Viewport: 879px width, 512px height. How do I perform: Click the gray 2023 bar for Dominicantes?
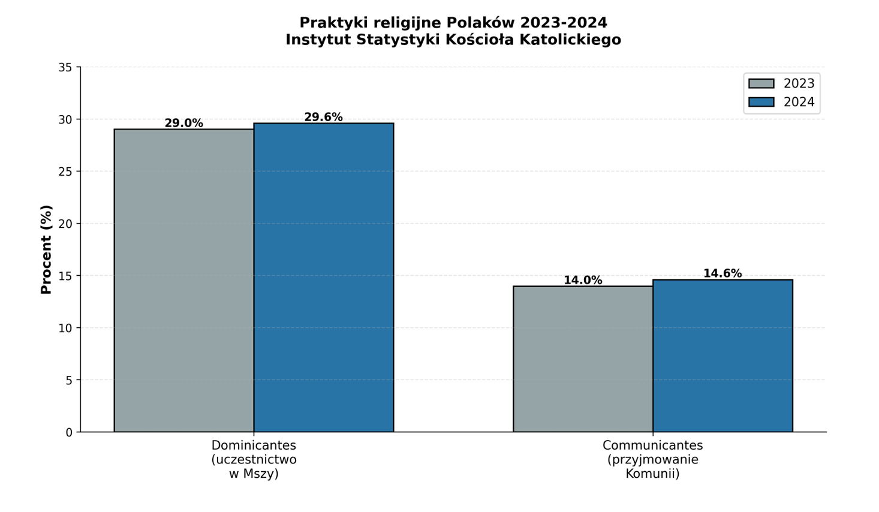[x=184, y=280]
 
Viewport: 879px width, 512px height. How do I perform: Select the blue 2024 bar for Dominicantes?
[x=324, y=277]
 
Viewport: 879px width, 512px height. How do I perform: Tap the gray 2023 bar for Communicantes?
[x=583, y=359]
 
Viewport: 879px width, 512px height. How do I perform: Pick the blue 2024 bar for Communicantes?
[x=723, y=356]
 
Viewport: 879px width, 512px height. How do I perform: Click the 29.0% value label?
[x=184, y=123]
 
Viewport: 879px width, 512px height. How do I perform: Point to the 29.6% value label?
[x=324, y=117]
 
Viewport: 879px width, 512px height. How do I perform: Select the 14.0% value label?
[x=583, y=280]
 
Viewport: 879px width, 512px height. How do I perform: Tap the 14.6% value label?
[x=723, y=273]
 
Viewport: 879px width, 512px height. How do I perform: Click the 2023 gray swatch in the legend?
[x=761, y=83]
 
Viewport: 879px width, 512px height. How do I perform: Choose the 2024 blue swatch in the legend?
[x=761, y=102]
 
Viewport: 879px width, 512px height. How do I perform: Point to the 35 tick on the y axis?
[x=65, y=68]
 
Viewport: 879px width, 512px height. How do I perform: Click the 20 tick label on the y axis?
[x=65, y=224]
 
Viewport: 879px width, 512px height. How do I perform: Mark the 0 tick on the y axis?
[x=69, y=432]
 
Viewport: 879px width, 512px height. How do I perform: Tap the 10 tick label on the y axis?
[x=65, y=328]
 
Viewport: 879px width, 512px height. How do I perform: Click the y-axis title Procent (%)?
[x=46, y=249]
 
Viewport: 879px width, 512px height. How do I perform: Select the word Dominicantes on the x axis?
[x=254, y=445]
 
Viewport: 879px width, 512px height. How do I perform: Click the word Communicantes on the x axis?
[x=652, y=445]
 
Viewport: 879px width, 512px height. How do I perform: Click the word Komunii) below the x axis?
[x=652, y=474]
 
